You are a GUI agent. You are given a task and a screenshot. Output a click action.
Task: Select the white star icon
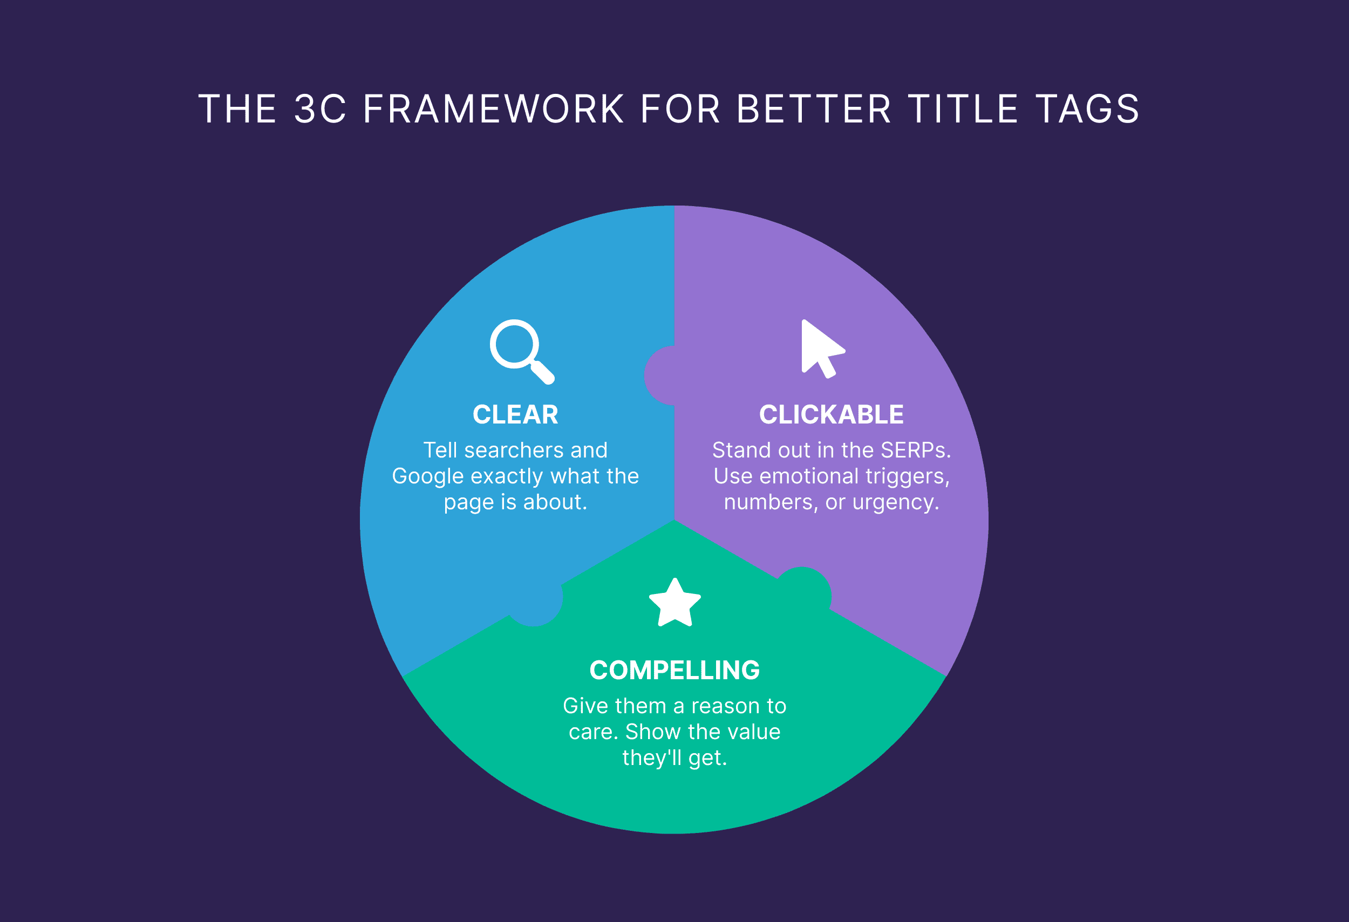[674, 604]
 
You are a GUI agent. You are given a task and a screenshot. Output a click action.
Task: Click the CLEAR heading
[515, 414]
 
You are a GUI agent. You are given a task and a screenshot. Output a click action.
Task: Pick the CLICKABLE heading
[831, 414]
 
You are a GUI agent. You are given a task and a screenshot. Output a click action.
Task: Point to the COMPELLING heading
[674, 670]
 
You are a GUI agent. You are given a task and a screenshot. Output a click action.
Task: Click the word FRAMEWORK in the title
[493, 109]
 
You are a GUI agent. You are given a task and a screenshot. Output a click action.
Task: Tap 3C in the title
[321, 109]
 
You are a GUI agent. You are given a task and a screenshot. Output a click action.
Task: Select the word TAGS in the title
[1088, 109]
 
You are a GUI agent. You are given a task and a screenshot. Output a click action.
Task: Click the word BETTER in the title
[814, 109]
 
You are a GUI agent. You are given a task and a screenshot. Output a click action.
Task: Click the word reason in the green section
[726, 706]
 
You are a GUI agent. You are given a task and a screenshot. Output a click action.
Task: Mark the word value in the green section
[754, 732]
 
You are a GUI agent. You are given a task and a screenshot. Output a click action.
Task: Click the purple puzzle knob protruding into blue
[658, 375]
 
